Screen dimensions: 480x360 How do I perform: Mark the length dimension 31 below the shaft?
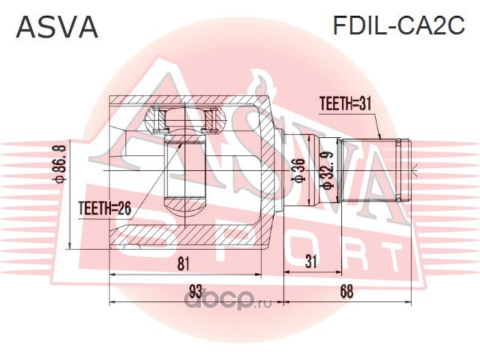click(x=312, y=262)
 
